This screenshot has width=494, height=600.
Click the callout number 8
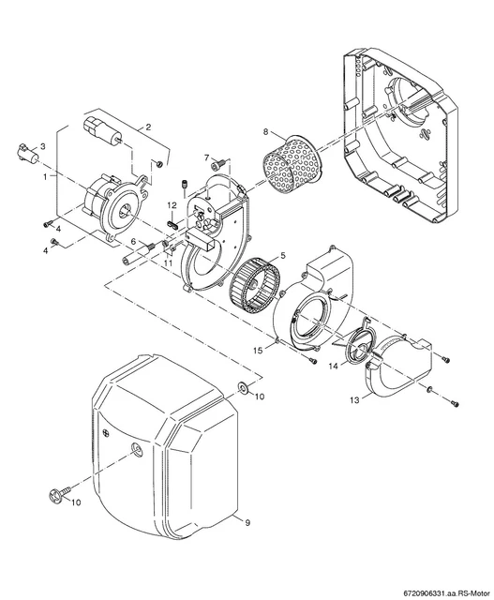point(266,132)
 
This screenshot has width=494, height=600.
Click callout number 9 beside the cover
point(247,522)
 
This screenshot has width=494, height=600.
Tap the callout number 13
point(354,400)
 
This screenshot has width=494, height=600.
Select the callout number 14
point(334,367)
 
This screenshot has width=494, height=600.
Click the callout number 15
point(259,350)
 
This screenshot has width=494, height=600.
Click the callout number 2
point(148,127)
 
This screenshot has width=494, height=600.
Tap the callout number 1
point(46,176)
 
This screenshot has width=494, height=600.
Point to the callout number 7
point(206,157)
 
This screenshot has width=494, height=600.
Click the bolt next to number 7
point(217,165)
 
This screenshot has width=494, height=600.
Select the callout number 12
point(172,205)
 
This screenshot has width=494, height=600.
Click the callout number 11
point(169,262)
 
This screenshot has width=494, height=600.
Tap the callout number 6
point(133,241)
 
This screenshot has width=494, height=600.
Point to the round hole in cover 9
point(136,450)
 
